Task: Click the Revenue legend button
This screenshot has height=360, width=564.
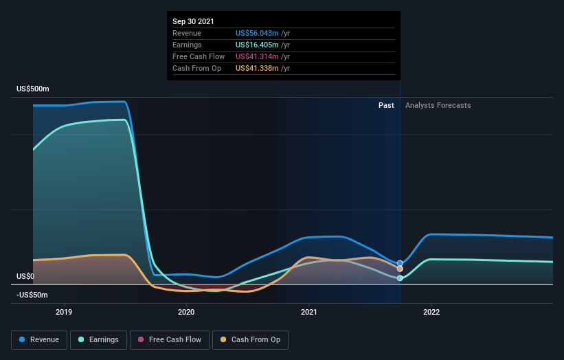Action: [40, 339]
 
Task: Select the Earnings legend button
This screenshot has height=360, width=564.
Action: [99, 339]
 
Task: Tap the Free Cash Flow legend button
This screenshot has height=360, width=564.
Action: [168, 339]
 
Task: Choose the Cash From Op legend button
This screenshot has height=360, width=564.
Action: [250, 339]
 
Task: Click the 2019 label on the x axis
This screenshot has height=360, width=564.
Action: [64, 311]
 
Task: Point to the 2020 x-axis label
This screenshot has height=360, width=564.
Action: [186, 311]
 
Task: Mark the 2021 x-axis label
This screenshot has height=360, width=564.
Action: [309, 311]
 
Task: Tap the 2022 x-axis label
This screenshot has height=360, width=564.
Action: [431, 311]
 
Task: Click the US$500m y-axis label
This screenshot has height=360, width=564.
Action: [33, 89]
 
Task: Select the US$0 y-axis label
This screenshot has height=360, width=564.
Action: [26, 276]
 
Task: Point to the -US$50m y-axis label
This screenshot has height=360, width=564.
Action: [33, 295]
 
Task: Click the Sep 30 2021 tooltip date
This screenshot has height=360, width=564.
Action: [194, 21]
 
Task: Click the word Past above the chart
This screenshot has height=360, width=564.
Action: [386, 105]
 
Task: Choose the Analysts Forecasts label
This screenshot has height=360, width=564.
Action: [438, 105]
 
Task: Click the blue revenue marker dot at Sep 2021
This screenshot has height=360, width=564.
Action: [400, 263]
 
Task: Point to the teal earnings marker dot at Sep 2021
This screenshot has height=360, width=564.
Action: [400, 278]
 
